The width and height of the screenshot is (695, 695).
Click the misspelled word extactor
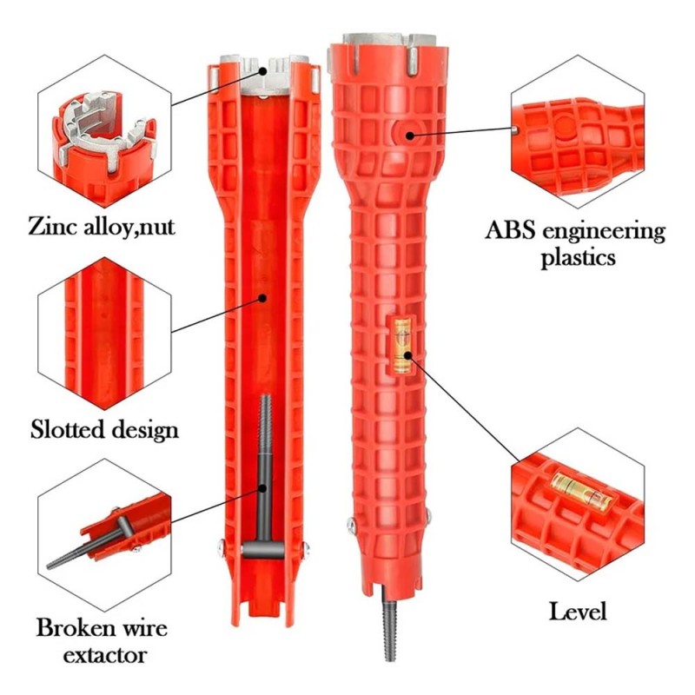click(104, 655)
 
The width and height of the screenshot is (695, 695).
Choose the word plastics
click(578, 257)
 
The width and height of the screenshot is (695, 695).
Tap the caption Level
click(577, 612)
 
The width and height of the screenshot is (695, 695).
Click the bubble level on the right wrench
click(402, 345)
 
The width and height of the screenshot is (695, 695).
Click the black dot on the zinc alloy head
click(263, 71)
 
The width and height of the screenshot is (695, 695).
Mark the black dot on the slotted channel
click(262, 298)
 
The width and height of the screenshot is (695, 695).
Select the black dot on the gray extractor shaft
click(263, 488)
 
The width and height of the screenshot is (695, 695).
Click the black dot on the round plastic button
click(410, 136)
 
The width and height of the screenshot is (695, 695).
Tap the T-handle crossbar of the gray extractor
click(263, 551)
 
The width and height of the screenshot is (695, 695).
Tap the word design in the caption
click(144, 430)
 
